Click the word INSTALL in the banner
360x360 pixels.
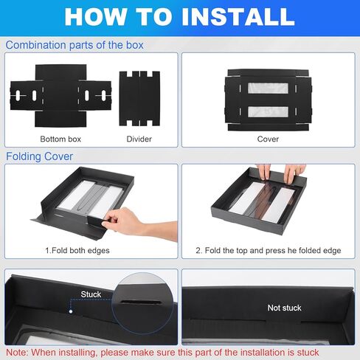[x=238, y=16]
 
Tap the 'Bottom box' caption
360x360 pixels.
[x=60, y=139]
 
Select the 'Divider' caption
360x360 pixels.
[x=139, y=139]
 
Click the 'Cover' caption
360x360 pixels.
[x=268, y=139]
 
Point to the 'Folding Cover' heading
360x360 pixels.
[x=39, y=156]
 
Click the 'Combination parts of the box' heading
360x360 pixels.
[x=75, y=45]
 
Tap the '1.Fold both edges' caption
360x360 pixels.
[x=77, y=250]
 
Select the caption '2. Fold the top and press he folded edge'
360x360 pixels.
[x=269, y=250]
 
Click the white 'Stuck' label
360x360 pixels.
[x=91, y=294]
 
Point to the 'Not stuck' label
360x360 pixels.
[x=284, y=308]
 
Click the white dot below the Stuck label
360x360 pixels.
[x=71, y=311]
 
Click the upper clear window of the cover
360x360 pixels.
[x=268, y=88]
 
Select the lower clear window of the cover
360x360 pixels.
[x=268, y=111]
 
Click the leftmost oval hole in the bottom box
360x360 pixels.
[x=18, y=96]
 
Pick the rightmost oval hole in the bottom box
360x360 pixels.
[x=103, y=95]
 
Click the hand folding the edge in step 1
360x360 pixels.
[x=133, y=223]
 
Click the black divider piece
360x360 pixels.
[x=139, y=99]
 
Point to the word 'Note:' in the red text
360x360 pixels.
[x=17, y=353]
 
